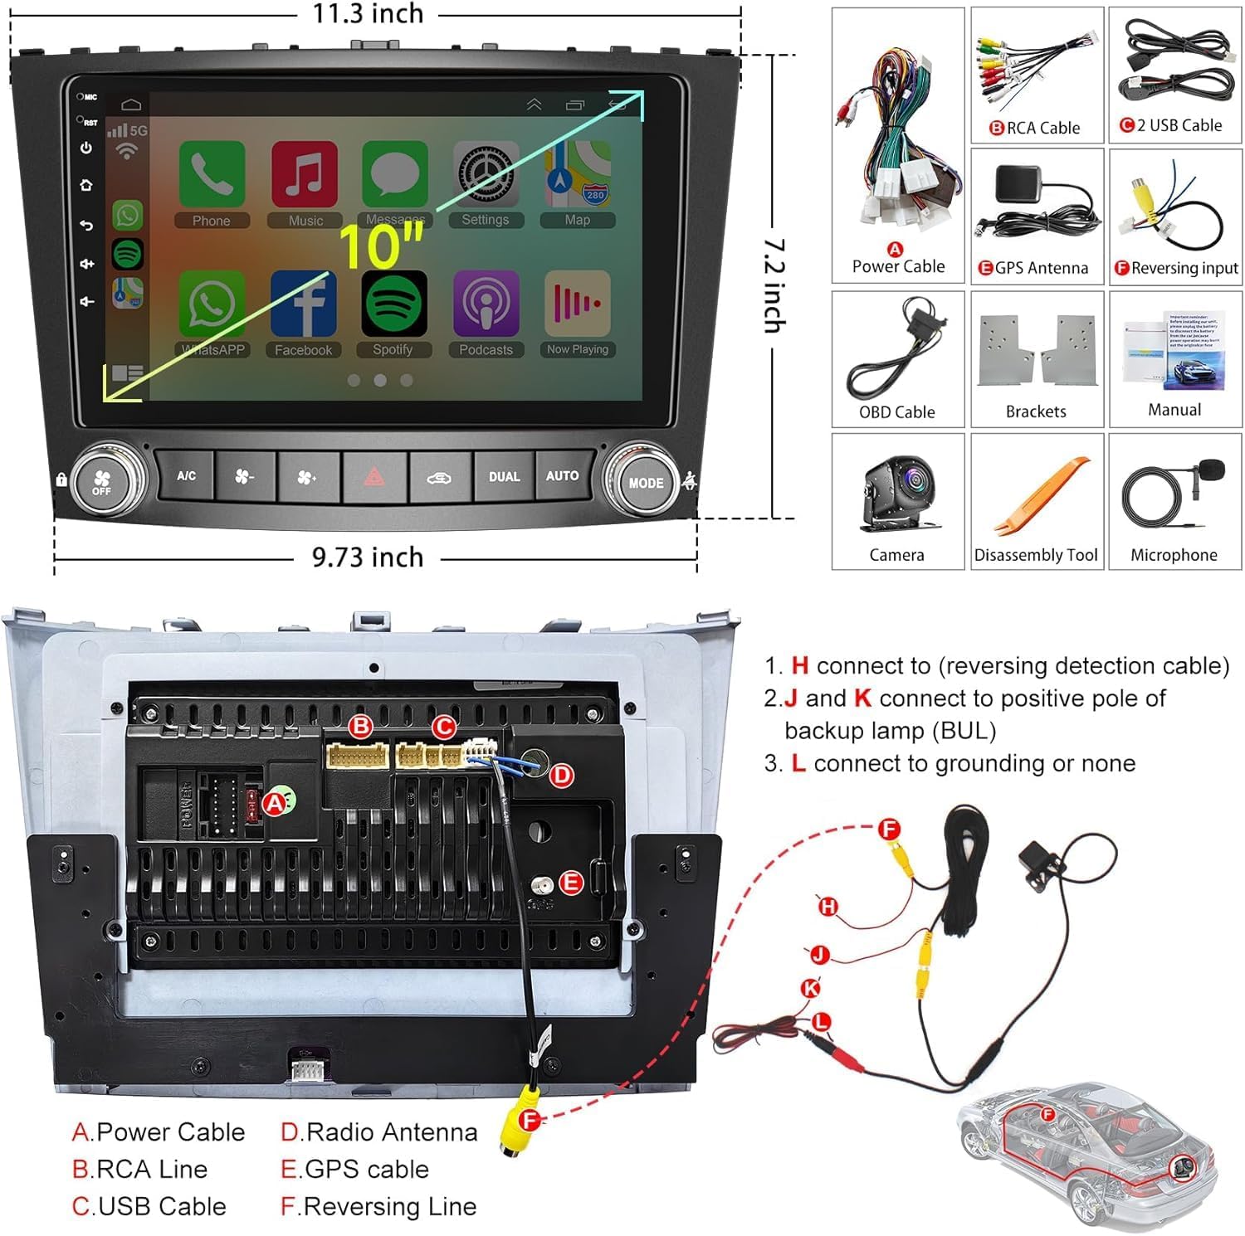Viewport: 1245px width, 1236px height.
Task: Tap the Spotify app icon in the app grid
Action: [x=393, y=304]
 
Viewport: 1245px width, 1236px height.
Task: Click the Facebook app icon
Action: [x=303, y=304]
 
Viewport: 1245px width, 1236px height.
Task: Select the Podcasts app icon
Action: [x=486, y=304]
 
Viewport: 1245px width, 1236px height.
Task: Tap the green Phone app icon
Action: [x=212, y=173]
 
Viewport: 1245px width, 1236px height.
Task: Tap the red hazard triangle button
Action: [x=374, y=477]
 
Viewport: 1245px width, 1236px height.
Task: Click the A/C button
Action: [x=186, y=476]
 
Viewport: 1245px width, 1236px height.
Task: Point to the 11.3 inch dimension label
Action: [x=368, y=14]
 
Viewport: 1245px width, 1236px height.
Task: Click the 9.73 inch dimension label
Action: [x=368, y=557]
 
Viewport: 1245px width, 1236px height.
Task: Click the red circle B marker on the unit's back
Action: [x=360, y=727]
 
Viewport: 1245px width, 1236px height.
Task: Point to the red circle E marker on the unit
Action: [x=571, y=883]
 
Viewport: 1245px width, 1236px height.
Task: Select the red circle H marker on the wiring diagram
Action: [x=828, y=907]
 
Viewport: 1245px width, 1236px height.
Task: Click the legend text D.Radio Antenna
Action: [x=379, y=1132]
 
